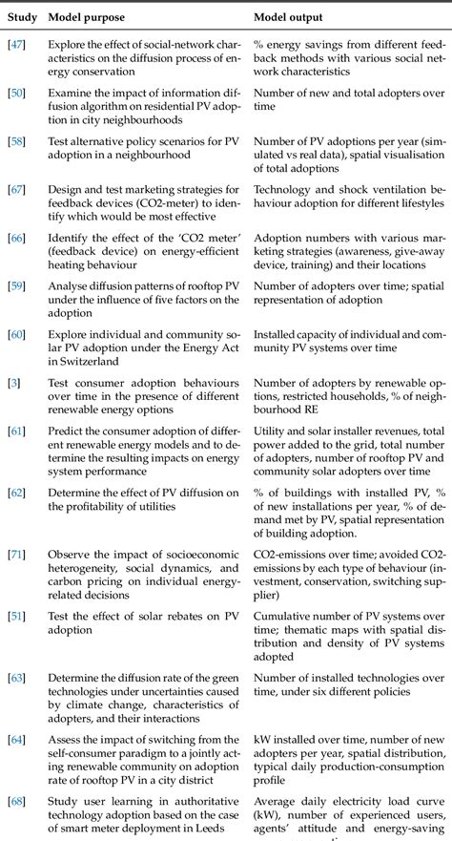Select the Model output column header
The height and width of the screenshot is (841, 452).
coord(288,17)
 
